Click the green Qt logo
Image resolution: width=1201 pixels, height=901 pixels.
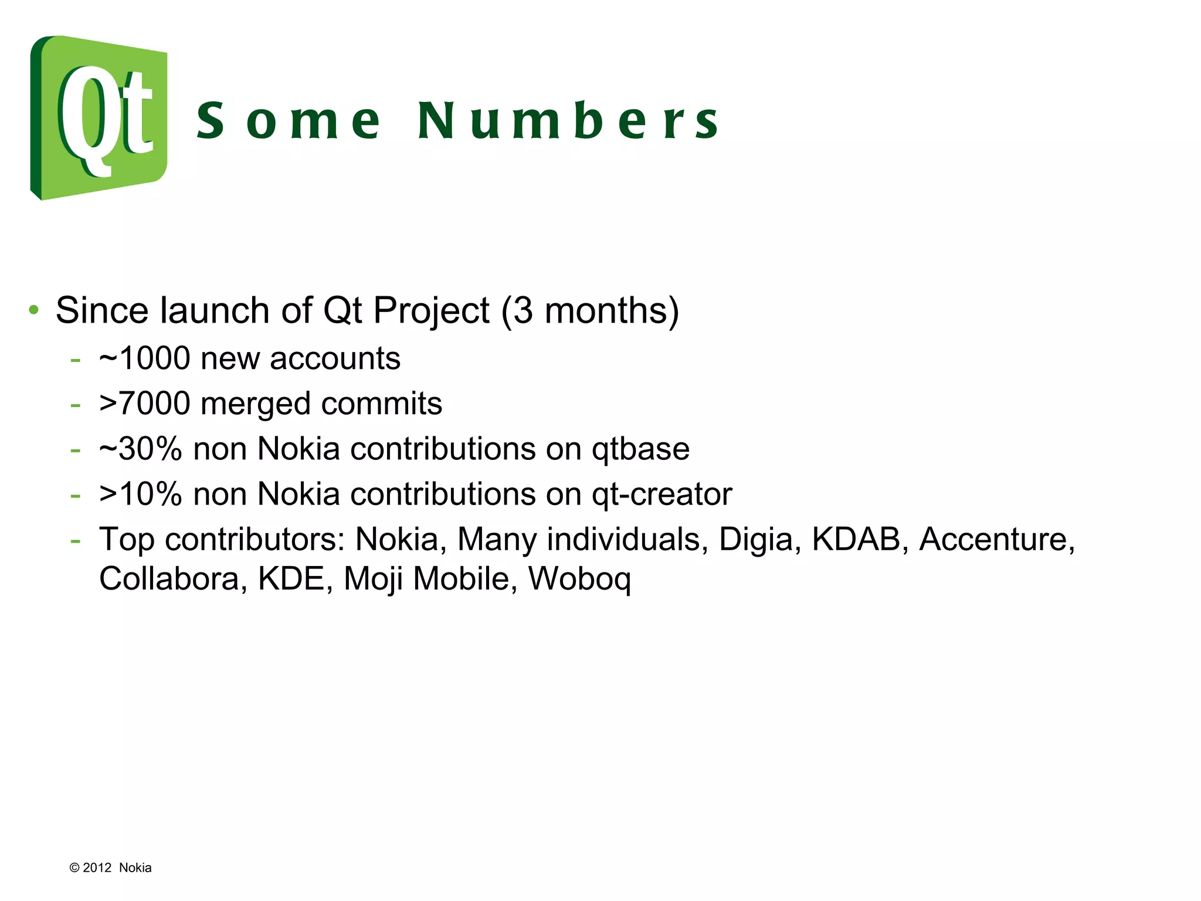[99, 117]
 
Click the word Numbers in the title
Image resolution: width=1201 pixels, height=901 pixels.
[568, 121]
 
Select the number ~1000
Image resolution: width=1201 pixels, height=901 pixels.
[144, 358]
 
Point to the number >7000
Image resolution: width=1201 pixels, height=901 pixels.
[144, 404]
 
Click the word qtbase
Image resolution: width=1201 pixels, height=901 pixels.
[640, 450]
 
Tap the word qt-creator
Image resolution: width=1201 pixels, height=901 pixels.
[661, 494]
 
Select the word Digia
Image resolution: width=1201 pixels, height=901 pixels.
[756, 540]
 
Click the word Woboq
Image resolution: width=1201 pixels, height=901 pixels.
[579, 580]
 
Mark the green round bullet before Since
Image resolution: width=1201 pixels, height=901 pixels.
[34, 309]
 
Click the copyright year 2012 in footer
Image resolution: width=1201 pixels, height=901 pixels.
[97, 868]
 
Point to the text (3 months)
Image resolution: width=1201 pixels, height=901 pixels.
[590, 310]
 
